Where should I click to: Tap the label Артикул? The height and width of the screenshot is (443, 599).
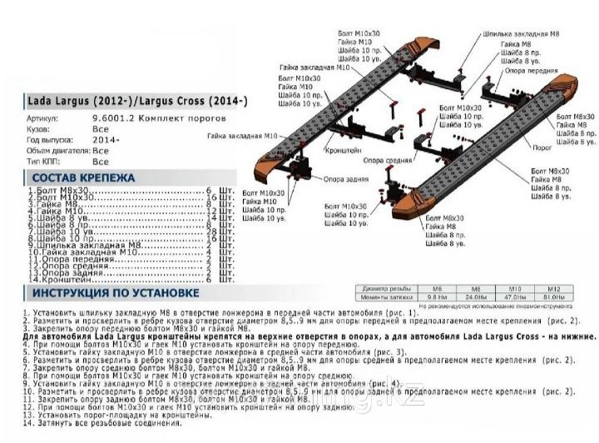pos(43,119)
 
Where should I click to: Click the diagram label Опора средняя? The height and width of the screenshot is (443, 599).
pos(384,159)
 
